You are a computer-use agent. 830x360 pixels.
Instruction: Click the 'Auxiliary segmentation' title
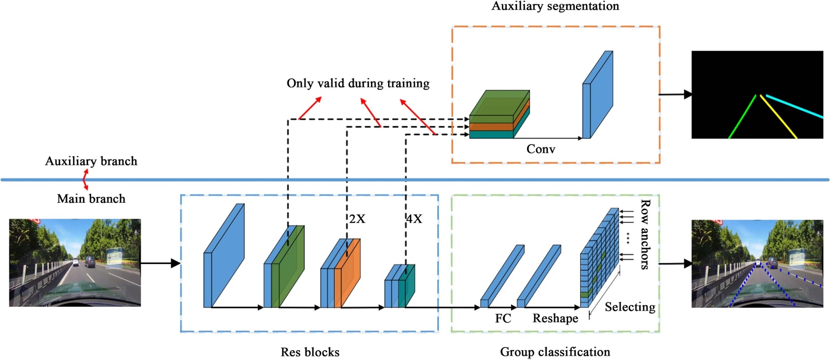[x=555, y=6]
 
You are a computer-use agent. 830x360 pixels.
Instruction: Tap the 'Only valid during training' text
[x=358, y=83]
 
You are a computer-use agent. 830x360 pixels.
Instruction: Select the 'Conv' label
[x=541, y=149]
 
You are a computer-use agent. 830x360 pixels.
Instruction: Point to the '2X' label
[x=357, y=219]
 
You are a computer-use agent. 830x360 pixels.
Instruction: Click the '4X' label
[x=414, y=219]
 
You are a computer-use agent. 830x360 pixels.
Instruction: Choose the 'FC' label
[x=503, y=319]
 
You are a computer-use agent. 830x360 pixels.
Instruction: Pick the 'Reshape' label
[x=555, y=319]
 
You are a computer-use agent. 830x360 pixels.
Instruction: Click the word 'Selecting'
[x=630, y=307]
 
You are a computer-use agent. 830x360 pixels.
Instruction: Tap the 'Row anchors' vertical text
[x=645, y=234]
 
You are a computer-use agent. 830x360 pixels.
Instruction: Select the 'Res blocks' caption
[x=310, y=352]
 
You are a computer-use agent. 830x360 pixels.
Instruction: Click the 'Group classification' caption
[x=555, y=352]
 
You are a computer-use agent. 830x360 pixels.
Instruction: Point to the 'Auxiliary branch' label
[x=91, y=161]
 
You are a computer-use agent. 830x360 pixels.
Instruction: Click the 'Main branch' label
[x=91, y=199]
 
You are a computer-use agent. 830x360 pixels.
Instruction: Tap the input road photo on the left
[x=75, y=262]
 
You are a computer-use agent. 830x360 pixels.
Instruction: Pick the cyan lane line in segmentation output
[x=794, y=106]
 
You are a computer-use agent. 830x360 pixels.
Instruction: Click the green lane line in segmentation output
[x=743, y=116]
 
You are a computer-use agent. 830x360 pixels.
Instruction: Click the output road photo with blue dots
[x=757, y=264]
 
